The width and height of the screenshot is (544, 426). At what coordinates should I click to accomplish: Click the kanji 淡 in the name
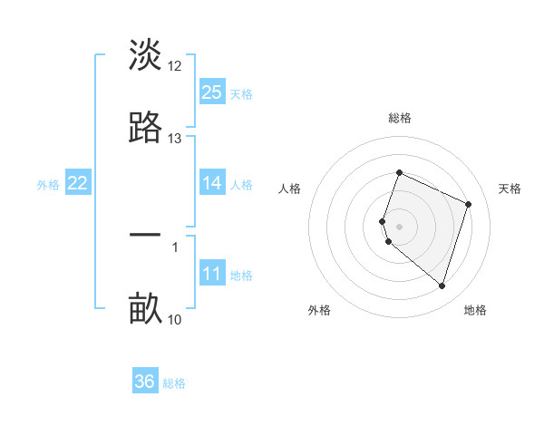(x=145, y=55)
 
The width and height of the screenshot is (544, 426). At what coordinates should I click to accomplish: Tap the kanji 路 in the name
(x=145, y=128)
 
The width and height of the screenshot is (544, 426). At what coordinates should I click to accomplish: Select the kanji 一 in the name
(x=145, y=235)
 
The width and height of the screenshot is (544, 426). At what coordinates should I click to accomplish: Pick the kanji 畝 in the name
(x=145, y=309)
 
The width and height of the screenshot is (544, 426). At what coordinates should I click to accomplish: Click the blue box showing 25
(x=212, y=92)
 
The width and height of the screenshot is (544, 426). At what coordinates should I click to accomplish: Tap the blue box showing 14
(x=212, y=183)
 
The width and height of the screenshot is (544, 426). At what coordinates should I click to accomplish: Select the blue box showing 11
(x=212, y=274)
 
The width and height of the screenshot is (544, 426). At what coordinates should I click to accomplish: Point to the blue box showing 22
(x=78, y=183)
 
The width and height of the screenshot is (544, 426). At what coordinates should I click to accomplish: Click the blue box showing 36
(x=145, y=382)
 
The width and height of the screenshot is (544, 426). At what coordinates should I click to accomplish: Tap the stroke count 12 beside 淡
(x=175, y=66)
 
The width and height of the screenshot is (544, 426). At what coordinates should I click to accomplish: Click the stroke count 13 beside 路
(x=175, y=139)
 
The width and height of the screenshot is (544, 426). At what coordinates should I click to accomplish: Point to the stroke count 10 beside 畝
(x=175, y=319)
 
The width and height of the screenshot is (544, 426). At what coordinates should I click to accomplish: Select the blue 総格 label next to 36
(x=175, y=383)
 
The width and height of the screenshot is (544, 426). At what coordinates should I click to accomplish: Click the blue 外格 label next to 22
(x=48, y=184)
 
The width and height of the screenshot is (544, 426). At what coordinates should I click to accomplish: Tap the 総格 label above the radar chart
(x=400, y=118)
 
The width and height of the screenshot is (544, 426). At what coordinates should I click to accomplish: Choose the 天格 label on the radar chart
(x=510, y=189)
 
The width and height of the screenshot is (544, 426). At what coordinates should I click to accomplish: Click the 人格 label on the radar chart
(x=290, y=189)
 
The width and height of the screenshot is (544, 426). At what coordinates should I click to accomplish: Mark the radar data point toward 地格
(x=442, y=286)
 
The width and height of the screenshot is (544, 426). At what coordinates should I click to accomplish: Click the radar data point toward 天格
(x=469, y=204)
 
